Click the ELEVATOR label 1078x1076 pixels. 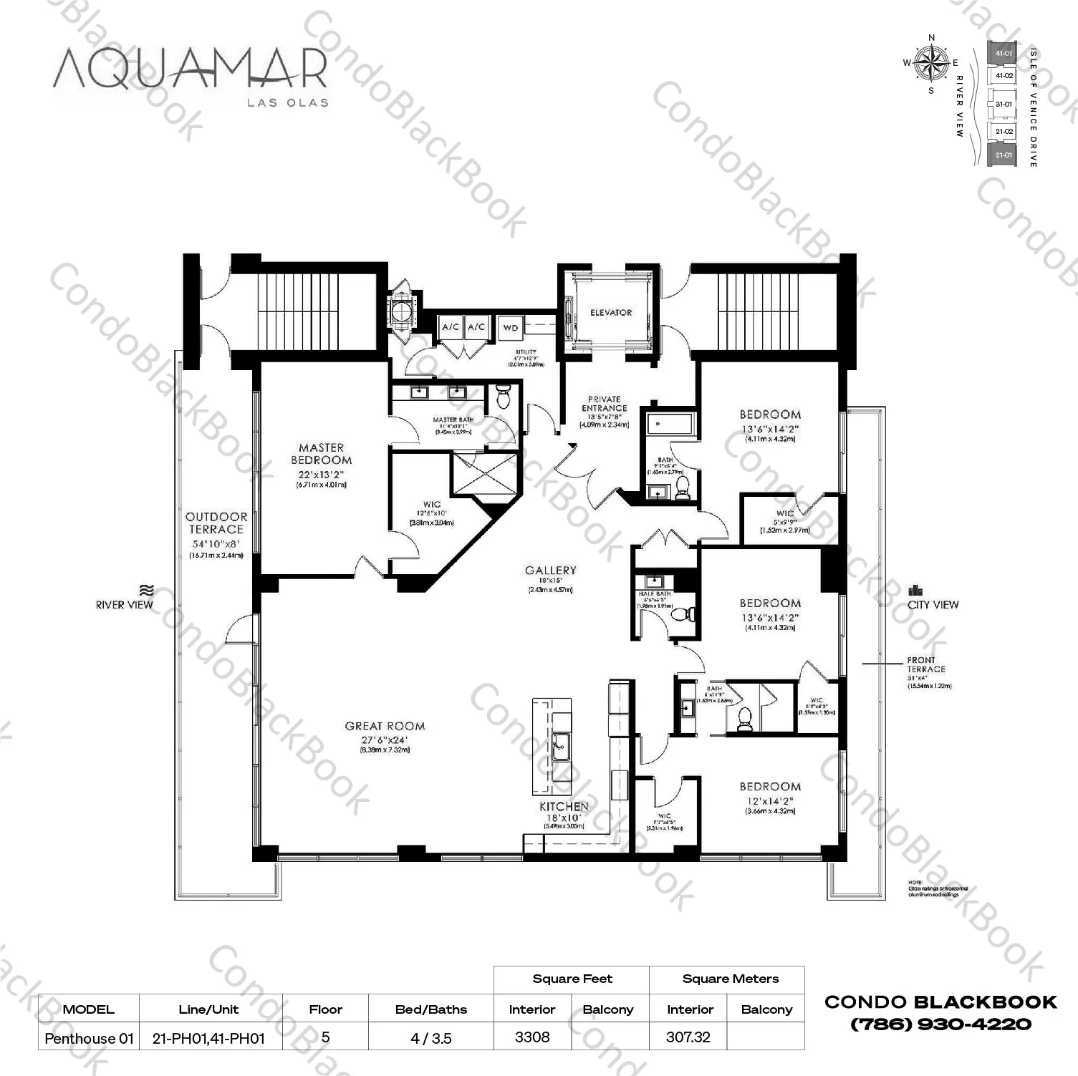point(610,313)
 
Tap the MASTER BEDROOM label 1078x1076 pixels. point(321,454)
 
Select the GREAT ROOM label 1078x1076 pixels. point(385,726)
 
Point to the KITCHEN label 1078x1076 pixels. point(564,806)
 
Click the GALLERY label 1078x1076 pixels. point(550,571)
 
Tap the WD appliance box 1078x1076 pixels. point(510,327)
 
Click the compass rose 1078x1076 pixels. point(931,62)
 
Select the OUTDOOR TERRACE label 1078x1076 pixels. point(216,523)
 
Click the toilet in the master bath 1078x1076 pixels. point(502,396)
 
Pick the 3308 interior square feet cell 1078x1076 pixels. point(531,1037)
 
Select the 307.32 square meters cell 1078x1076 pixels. point(688,1037)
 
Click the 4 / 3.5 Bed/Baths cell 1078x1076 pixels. point(431,1038)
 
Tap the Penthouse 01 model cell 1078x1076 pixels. point(89,1038)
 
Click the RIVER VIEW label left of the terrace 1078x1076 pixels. point(125,605)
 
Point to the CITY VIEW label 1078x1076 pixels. point(933,605)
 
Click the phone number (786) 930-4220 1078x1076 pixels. point(940,1024)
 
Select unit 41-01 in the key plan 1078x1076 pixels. point(1003,54)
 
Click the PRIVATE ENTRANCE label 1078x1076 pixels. point(604,404)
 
